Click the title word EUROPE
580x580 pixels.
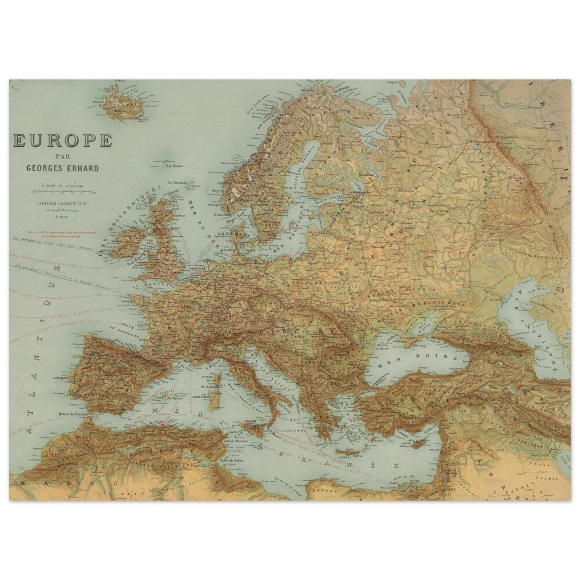coord(63,140)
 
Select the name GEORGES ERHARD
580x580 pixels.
coord(63,168)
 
